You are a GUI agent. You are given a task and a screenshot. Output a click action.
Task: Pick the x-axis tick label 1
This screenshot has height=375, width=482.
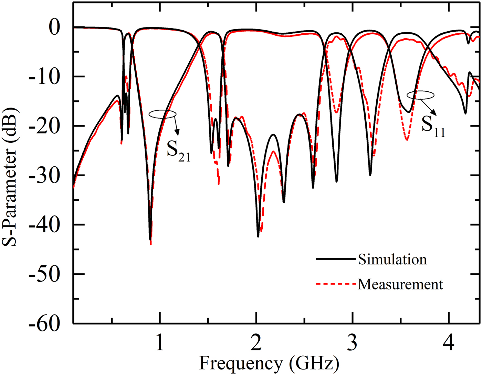pyautogui.click(x=159, y=343)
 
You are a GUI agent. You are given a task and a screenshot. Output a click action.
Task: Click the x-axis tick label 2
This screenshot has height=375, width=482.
pyautogui.click(x=256, y=343)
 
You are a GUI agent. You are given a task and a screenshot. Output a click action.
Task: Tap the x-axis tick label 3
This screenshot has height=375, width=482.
pyautogui.click(x=352, y=343)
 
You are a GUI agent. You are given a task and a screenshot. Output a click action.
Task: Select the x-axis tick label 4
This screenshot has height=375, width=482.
pyautogui.click(x=449, y=343)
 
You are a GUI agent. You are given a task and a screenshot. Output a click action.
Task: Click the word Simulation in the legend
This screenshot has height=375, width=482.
pyautogui.click(x=392, y=259)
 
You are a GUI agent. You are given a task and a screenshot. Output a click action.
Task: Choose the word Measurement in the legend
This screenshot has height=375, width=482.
pyautogui.click(x=400, y=284)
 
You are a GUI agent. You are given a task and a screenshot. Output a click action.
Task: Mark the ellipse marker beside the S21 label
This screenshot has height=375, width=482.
pyautogui.click(x=163, y=114)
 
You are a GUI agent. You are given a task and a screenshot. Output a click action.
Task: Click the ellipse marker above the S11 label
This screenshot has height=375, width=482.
pyautogui.click(x=420, y=95)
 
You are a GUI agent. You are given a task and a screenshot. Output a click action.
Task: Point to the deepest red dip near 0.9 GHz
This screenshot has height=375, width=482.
pyautogui.click(x=151, y=244)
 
